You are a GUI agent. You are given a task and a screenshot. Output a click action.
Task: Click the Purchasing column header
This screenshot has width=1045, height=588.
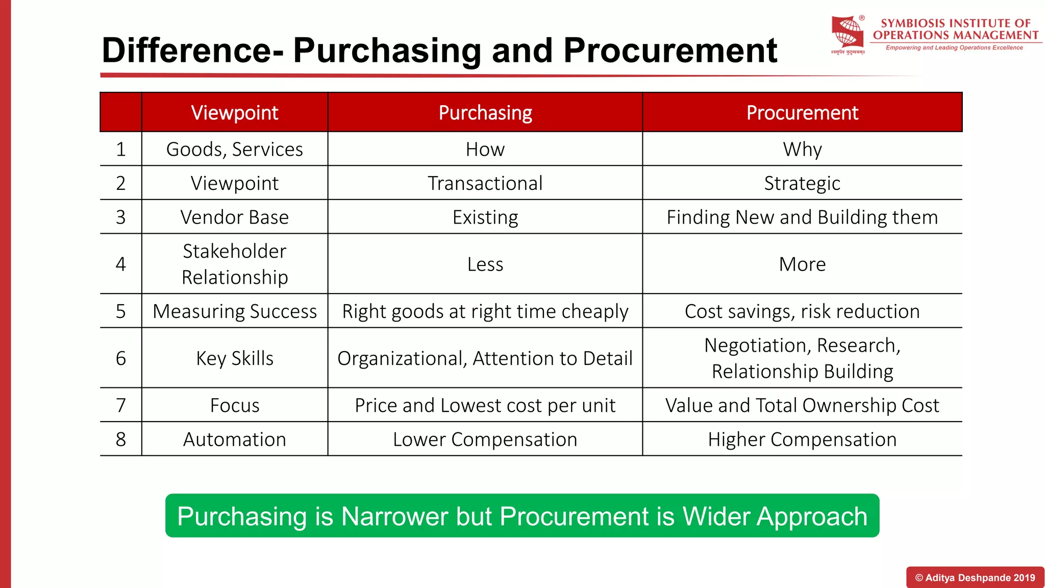[485, 113]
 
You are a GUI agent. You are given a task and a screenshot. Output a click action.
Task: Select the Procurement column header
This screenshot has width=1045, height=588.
[802, 113]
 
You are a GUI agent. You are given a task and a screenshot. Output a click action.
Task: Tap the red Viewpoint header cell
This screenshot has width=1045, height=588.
[234, 113]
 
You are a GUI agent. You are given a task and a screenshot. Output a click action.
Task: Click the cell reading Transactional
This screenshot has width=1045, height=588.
[485, 183]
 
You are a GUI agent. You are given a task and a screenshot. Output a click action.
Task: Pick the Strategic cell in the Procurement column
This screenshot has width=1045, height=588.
[802, 183]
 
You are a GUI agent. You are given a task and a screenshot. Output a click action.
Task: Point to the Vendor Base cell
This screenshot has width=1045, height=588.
[234, 217]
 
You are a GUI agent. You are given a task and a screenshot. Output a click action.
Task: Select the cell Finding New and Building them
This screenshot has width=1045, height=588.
[802, 217]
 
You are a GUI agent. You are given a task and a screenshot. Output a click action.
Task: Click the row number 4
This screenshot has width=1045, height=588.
[120, 264]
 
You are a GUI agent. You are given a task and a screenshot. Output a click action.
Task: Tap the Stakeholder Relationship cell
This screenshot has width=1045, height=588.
[234, 264]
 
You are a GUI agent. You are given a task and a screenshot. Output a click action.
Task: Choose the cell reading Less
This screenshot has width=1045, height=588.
[485, 264]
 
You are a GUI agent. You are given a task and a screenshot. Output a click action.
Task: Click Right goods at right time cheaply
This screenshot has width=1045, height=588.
[485, 311]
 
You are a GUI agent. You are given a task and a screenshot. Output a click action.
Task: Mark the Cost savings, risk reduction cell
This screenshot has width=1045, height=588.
[802, 311]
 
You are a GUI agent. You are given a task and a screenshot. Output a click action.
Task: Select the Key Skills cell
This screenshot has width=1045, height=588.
[234, 358]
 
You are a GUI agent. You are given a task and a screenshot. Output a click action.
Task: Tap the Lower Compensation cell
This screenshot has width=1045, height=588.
[485, 439]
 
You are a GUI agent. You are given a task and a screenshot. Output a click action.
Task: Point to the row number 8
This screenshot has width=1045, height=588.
[120, 439]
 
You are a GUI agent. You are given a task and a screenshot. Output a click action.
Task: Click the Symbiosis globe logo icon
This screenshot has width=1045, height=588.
[848, 33]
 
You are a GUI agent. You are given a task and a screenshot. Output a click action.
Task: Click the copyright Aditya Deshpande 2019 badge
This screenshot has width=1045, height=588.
[975, 578]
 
